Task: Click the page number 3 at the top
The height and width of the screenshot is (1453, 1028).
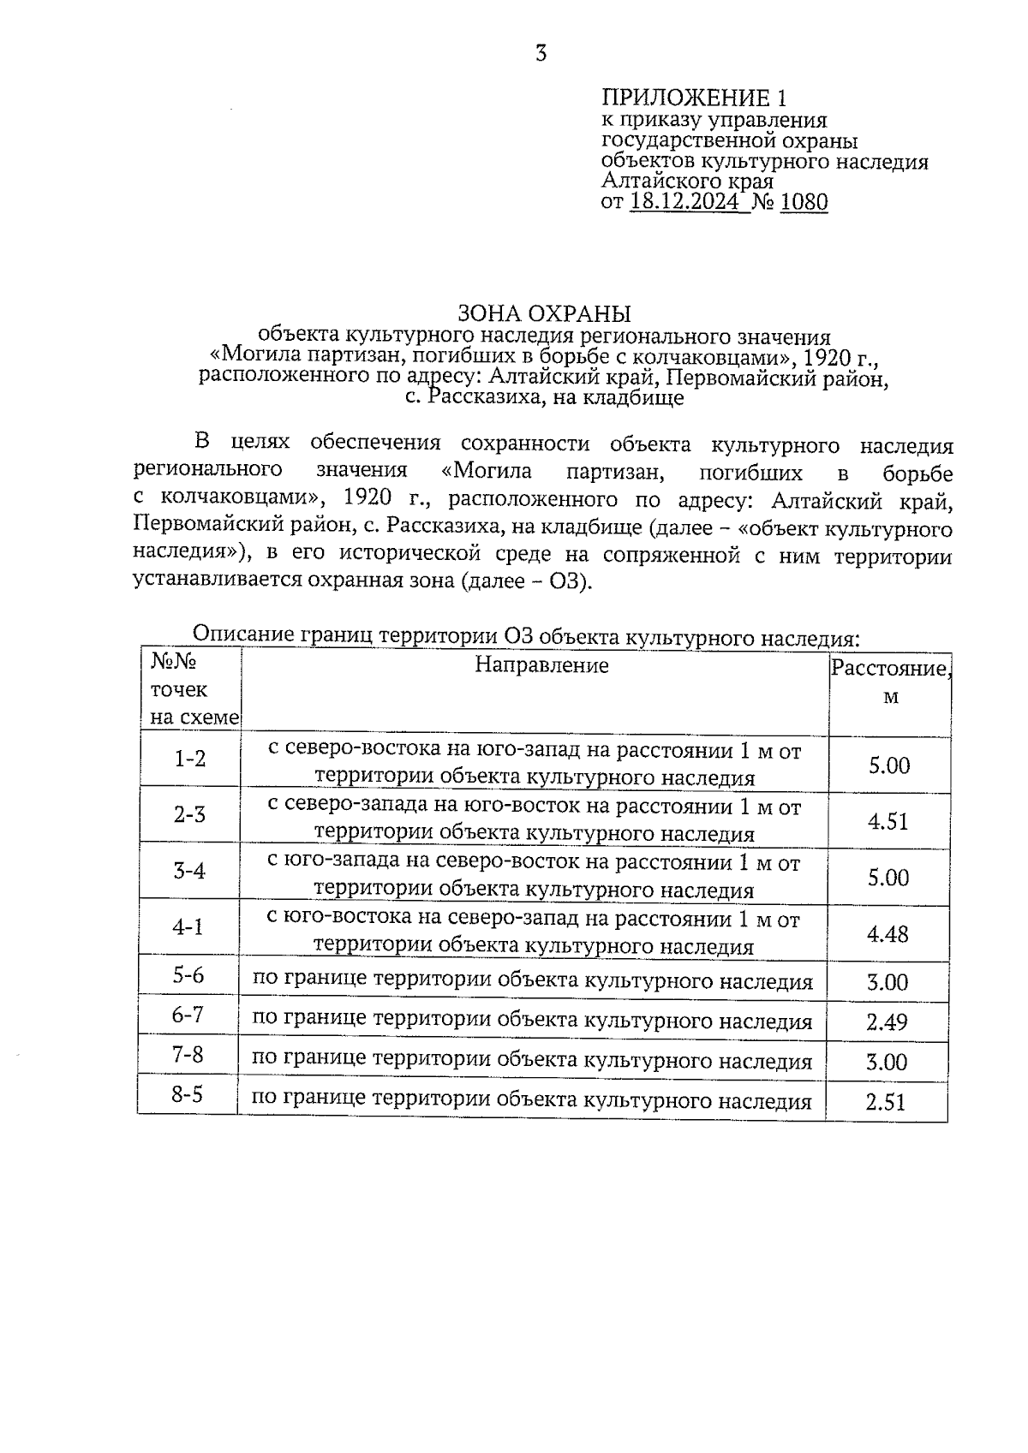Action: tap(541, 54)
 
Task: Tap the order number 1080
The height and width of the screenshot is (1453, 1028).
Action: tap(804, 202)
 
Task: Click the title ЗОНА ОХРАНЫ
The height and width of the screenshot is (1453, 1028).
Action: tap(544, 313)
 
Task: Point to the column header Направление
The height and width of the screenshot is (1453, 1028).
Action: tap(541, 665)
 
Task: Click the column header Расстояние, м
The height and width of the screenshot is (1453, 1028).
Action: tap(890, 682)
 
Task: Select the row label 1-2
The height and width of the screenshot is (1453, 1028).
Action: tap(190, 759)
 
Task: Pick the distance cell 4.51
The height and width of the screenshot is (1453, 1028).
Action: tap(888, 822)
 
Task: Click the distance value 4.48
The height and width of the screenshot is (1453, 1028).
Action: tap(888, 934)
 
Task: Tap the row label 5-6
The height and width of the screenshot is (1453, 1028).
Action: tap(188, 975)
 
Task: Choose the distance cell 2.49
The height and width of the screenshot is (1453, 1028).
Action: tap(887, 1022)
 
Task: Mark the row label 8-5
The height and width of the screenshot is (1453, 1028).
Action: tap(187, 1094)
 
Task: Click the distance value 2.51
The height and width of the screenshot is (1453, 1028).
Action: tap(886, 1102)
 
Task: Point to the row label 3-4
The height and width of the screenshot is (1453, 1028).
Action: tap(189, 872)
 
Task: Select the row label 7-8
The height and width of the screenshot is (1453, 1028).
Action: tap(188, 1055)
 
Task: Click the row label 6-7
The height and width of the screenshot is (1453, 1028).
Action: tap(188, 1015)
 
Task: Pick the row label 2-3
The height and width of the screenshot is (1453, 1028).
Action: tap(189, 814)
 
